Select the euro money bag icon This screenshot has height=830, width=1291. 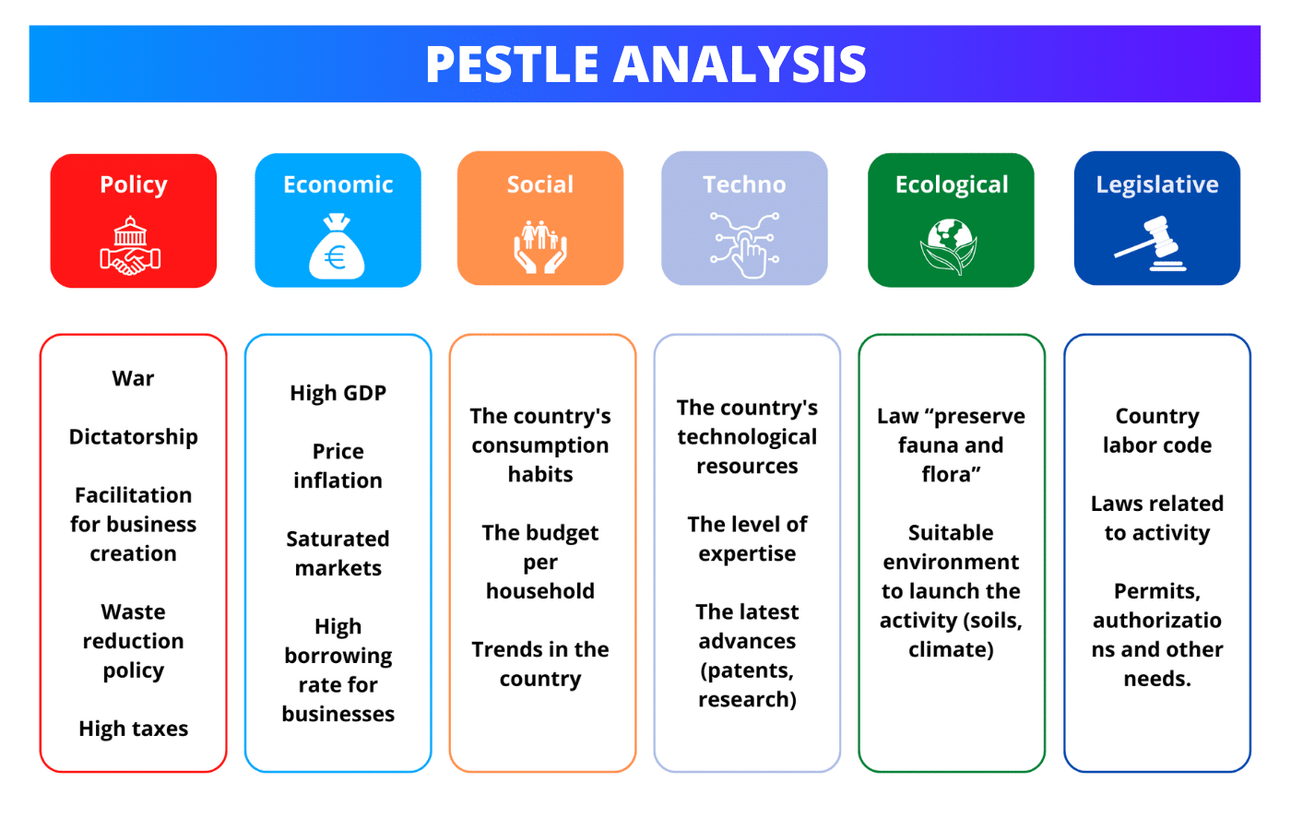337,247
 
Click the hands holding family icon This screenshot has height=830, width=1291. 540,247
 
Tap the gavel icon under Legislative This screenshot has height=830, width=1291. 1153,243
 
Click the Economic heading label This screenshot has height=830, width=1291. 338,184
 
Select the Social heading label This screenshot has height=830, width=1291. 540,184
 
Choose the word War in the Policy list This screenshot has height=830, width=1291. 133,378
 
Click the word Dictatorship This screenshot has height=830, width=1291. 133,436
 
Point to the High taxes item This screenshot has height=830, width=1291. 133,729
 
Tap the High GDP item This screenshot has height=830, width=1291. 338,393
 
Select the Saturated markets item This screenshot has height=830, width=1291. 338,553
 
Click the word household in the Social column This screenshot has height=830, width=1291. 540,591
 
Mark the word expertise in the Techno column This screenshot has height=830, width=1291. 747,553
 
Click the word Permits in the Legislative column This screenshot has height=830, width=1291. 1156,591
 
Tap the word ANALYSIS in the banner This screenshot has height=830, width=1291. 740,65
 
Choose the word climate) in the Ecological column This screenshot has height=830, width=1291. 951,649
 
